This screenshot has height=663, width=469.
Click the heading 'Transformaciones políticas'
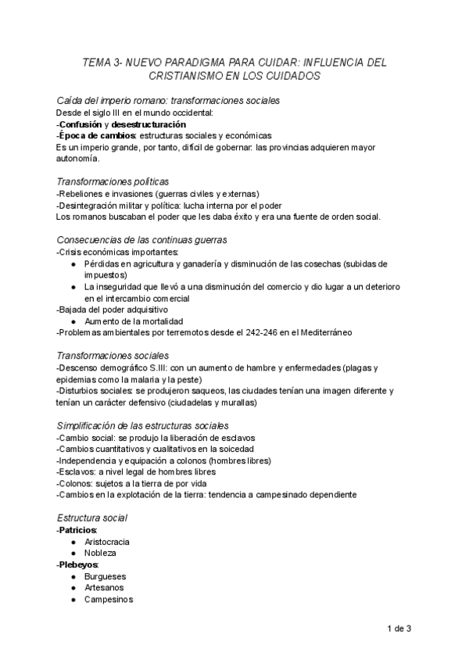[x=113, y=181]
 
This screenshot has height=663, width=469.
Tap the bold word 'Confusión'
[x=84, y=124]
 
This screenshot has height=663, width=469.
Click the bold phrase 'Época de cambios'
[x=91, y=135]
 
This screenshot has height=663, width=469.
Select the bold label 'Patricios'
[x=77, y=530]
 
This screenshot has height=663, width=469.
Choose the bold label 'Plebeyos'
[x=77, y=564]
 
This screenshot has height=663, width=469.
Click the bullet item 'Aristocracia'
[x=107, y=542]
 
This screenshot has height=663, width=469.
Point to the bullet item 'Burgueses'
[x=106, y=576]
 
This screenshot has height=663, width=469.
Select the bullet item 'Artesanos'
[x=104, y=587]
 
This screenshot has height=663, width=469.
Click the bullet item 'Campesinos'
[x=109, y=599]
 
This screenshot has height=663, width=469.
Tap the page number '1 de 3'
[x=399, y=629]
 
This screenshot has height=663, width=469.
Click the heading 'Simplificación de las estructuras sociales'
[x=143, y=425]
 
